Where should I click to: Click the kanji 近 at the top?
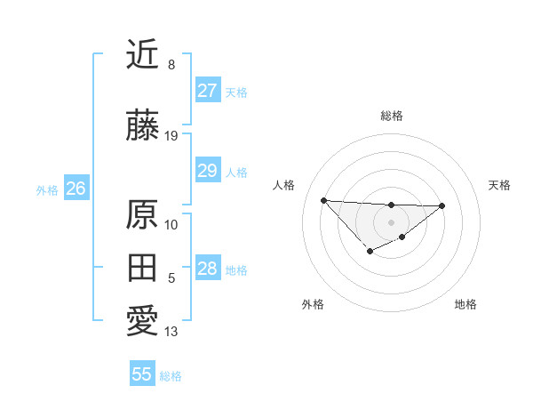click(x=142, y=54)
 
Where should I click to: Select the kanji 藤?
click(x=142, y=125)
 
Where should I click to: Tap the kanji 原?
click(x=142, y=213)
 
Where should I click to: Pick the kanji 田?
click(x=142, y=269)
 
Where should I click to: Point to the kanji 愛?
click(x=142, y=322)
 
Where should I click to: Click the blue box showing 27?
click(x=207, y=91)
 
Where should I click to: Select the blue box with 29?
click(x=207, y=172)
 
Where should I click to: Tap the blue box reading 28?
click(x=207, y=269)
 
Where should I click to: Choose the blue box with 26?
click(x=76, y=189)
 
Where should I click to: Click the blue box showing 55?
click(x=142, y=374)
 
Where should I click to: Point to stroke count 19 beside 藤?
click(x=171, y=136)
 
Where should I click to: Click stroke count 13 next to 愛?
click(x=171, y=333)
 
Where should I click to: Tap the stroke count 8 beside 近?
click(x=171, y=65)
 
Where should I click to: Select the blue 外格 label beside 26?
click(x=46, y=189)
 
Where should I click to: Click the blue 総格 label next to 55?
click(x=171, y=376)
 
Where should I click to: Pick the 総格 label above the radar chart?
click(x=391, y=116)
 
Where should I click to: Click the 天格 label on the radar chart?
click(x=499, y=185)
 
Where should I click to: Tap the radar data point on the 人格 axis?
click(x=323, y=200)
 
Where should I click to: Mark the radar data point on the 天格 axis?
click(x=442, y=205)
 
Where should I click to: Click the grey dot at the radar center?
click(x=391, y=221)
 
